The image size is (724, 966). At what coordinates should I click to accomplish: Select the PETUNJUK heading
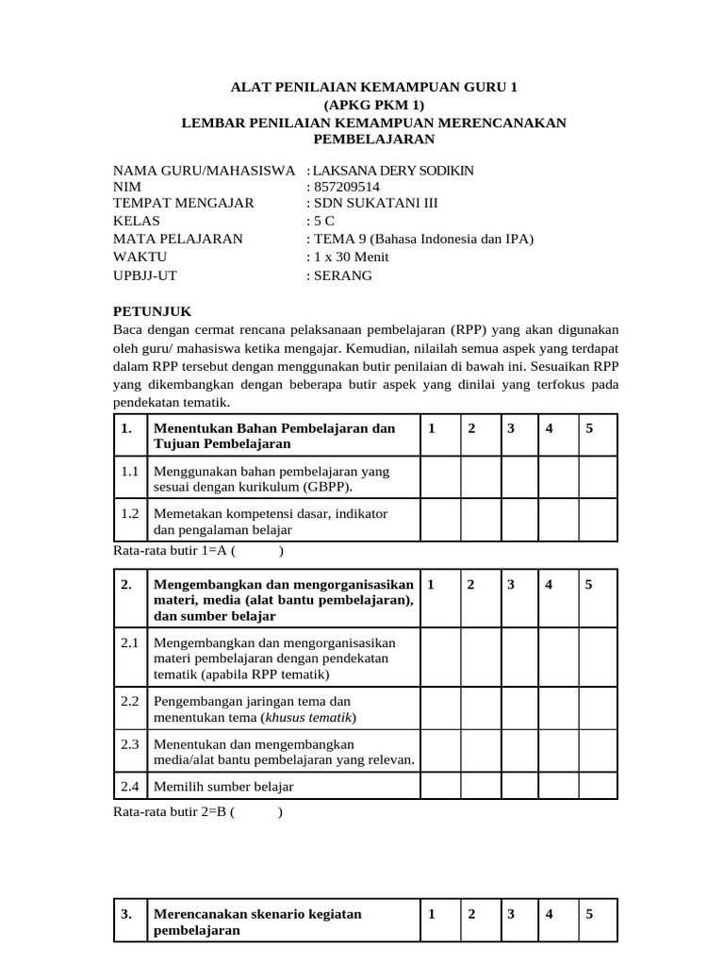coord(153,310)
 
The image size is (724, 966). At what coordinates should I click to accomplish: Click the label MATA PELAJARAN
coord(177,239)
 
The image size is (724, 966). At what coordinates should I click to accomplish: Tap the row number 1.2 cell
coord(130,513)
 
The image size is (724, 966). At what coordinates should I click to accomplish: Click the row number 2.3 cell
coord(130,743)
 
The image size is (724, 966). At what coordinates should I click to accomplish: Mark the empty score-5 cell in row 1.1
coord(597,478)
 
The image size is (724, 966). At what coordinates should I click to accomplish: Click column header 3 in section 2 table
coord(511,584)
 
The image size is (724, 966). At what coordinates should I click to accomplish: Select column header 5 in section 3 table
coord(589,914)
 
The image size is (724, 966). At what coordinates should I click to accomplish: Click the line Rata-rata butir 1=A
coord(197,551)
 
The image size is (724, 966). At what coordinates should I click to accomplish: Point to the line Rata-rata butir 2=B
coord(197,811)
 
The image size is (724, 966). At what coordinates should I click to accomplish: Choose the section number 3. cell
coord(128,914)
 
